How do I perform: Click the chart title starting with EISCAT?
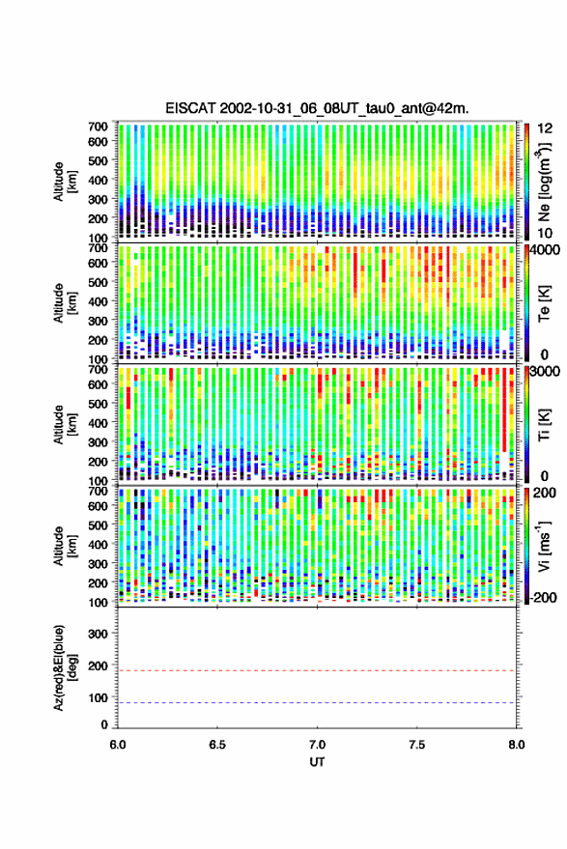tap(318, 108)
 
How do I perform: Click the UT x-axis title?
tap(317, 762)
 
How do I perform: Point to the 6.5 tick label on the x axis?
tap(217, 745)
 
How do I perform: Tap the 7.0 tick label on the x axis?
tap(318, 745)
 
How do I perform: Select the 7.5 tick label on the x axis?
tap(417, 745)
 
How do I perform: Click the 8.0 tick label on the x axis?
tap(517, 745)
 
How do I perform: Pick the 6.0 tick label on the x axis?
tap(118, 745)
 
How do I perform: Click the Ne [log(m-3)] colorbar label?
tap(544, 182)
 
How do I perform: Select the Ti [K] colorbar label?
tap(544, 424)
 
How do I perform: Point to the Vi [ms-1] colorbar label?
tap(544, 546)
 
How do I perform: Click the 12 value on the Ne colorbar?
tap(545, 128)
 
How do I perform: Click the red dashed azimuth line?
tap(318, 670)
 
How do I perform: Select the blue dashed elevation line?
tap(318, 703)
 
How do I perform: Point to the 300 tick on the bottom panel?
tap(98, 634)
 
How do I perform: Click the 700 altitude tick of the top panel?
tap(98, 127)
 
